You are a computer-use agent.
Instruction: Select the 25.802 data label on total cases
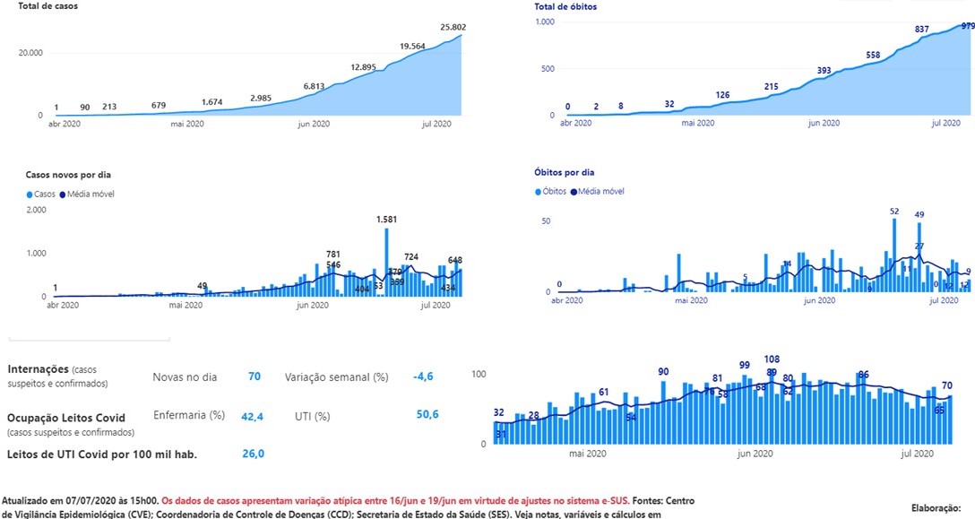(x=453, y=28)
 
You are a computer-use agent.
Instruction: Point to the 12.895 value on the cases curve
(x=364, y=67)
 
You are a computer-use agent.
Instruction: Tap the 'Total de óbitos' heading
(x=565, y=6)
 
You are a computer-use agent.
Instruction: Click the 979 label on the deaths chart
(x=967, y=27)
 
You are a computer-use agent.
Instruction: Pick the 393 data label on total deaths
(x=824, y=70)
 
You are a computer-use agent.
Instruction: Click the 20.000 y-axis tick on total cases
(x=30, y=53)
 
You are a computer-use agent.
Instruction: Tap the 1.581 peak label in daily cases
(x=388, y=219)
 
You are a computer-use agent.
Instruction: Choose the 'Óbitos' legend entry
(x=553, y=191)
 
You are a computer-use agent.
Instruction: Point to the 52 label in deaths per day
(x=893, y=212)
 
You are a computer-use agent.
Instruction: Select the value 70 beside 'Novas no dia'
(x=255, y=376)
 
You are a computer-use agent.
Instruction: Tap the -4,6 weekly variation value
(x=423, y=376)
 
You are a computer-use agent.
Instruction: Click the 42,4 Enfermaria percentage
(x=252, y=416)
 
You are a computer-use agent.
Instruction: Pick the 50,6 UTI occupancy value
(x=427, y=413)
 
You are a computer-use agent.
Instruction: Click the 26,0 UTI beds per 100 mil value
(x=253, y=454)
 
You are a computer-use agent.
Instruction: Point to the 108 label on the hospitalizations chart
(x=772, y=359)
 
